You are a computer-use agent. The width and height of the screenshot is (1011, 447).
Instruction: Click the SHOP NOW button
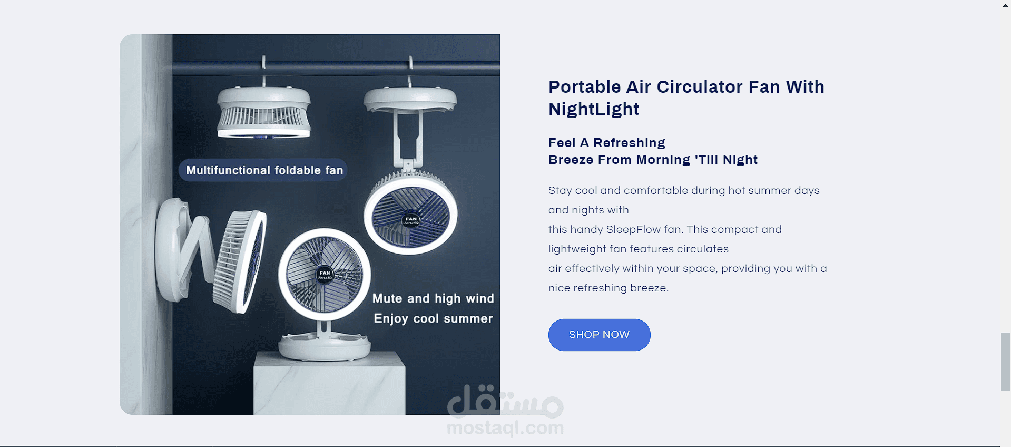[599, 335]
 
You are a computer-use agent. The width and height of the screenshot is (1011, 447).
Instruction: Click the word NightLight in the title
[594, 109]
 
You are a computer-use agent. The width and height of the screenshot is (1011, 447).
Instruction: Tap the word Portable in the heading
[585, 87]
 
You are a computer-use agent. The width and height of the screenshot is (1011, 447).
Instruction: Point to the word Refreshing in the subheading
[629, 143]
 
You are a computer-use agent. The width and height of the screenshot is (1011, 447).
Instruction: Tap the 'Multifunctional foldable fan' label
[263, 170]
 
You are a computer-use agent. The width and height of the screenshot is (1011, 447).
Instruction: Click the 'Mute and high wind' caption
[433, 298]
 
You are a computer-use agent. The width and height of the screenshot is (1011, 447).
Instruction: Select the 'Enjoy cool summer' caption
[433, 318]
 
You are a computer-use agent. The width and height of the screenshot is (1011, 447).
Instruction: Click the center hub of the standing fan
[325, 275]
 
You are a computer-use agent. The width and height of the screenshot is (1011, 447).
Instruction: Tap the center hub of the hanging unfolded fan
[411, 220]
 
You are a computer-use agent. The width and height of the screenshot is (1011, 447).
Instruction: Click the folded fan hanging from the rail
[263, 112]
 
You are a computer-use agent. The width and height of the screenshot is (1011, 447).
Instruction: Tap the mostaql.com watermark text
[505, 428]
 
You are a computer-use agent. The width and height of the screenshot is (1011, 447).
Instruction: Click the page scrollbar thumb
[1005, 362]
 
